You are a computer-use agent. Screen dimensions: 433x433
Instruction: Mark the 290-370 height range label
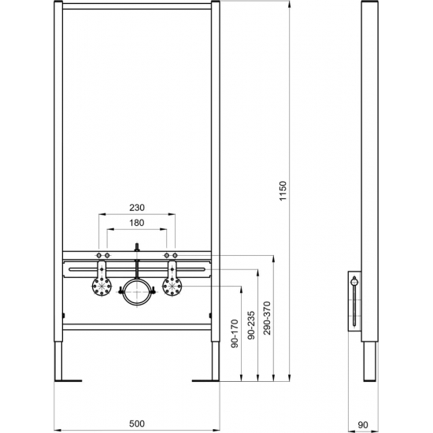coord(268,317)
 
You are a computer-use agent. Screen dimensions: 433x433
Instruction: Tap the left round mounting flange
coord(99,288)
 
